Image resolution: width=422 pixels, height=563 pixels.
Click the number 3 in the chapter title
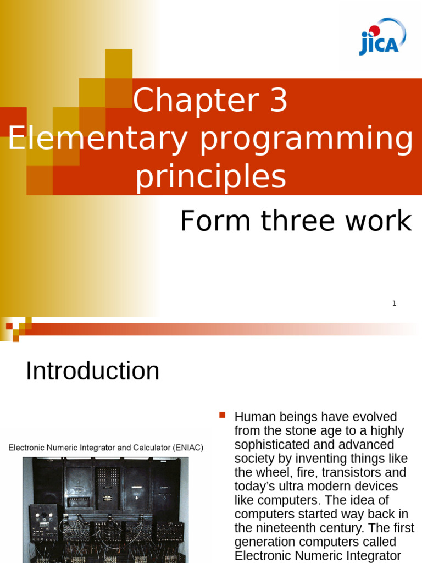pos(279,100)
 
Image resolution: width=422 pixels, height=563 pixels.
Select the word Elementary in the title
pos(98,139)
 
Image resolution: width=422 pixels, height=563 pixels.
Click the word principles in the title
pos(210,178)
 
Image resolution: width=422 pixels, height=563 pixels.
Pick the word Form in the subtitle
pos(215,220)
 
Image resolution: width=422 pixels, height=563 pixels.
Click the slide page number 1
pos(395,303)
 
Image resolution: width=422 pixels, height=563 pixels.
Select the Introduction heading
pos(92,371)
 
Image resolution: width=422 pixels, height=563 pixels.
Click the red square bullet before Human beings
pos(222,416)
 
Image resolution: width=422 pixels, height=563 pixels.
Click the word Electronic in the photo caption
pos(26,448)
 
